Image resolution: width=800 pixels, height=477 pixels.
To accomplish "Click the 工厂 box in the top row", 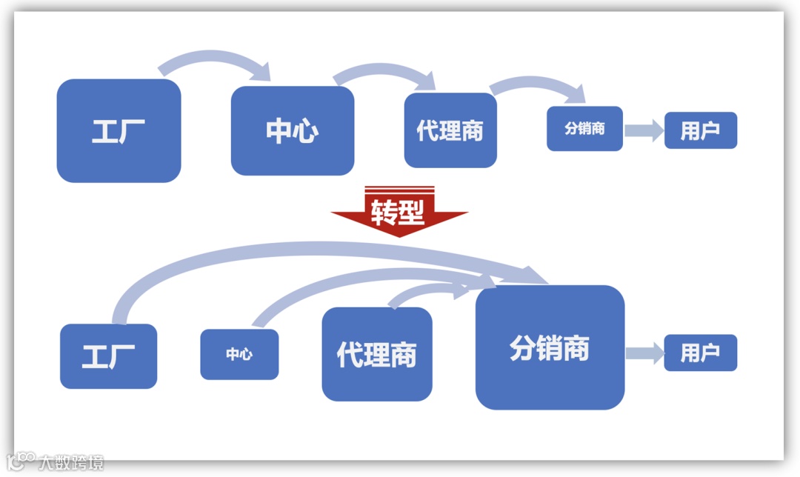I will pyautogui.click(x=119, y=130).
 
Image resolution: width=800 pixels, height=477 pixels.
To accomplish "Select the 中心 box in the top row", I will pyautogui.click(x=293, y=130).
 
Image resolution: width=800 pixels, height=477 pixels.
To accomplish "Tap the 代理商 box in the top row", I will pyautogui.click(x=450, y=130).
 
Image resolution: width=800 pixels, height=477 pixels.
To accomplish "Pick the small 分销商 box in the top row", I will pyautogui.click(x=584, y=129).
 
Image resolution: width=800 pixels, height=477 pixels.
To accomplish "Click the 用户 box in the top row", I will pyautogui.click(x=700, y=130).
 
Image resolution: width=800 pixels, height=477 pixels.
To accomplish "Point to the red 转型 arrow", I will pyautogui.click(x=399, y=214).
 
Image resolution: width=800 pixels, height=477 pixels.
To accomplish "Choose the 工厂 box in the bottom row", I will pyautogui.click(x=108, y=356).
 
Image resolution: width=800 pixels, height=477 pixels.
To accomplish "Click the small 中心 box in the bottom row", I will pyautogui.click(x=239, y=354).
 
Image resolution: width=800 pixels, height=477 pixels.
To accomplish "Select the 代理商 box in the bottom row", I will pyautogui.click(x=376, y=354).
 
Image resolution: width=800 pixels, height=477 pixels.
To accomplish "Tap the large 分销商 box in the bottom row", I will pyautogui.click(x=550, y=347).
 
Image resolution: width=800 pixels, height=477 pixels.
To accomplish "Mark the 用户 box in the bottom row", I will pyautogui.click(x=700, y=353).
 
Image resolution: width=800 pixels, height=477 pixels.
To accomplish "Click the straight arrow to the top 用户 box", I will pyautogui.click(x=643, y=131).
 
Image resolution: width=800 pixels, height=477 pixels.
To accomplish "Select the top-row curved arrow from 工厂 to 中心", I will pyautogui.click(x=215, y=57).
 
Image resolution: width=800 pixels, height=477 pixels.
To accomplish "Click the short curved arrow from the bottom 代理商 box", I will pyautogui.click(x=422, y=290).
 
